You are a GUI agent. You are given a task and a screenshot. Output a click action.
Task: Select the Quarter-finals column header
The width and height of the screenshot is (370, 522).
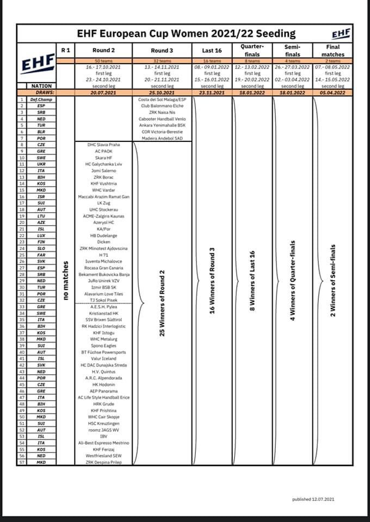tap(252, 50)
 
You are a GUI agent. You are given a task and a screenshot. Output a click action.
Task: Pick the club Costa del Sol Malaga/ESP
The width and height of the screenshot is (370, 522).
tap(162, 100)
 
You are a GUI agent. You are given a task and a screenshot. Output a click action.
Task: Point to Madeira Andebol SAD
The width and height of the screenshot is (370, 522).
tap(162, 139)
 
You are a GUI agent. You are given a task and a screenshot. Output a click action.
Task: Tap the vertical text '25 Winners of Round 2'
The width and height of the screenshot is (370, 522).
tap(162, 302)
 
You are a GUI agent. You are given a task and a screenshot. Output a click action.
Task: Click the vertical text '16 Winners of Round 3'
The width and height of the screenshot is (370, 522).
tap(212, 280)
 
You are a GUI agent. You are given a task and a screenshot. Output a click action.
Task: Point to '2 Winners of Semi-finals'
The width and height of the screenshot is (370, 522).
tap(332, 279)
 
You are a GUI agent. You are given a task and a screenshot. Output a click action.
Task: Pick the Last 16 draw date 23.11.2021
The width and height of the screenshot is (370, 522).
tap(212, 92)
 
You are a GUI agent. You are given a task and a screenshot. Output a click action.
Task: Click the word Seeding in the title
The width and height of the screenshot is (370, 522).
tap(274, 34)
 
